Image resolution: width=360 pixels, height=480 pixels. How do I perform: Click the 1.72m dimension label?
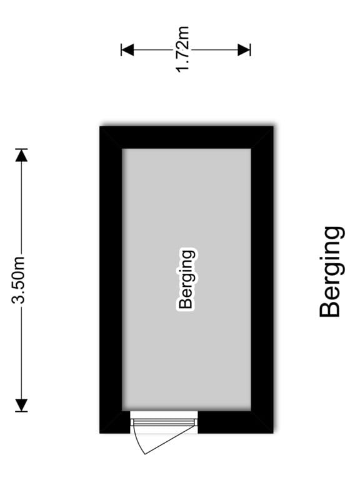click(182, 49)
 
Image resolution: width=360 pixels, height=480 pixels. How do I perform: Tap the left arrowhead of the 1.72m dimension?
click(127, 49)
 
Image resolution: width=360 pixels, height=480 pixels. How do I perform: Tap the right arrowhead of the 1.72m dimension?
click(244, 49)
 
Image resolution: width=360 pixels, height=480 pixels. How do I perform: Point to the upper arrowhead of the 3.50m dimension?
click(21, 155)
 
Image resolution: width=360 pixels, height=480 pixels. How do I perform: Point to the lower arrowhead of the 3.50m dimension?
click(21, 405)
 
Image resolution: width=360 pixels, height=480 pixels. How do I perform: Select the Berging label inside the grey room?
click(186, 280)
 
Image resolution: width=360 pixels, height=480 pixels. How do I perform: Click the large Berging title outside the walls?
click(331, 272)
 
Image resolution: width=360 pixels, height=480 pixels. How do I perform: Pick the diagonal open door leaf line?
click(170, 439)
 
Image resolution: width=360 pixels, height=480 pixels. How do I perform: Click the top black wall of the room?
click(186, 137)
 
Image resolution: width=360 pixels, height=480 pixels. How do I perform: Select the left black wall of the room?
click(111, 279)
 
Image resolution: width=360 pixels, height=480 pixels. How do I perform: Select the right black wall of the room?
click(262, 279)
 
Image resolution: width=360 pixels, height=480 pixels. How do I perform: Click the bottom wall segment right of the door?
click(236, 422)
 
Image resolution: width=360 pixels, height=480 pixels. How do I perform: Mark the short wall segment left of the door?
click(115, 422)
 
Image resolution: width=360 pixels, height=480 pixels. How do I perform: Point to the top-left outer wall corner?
click(100, 126)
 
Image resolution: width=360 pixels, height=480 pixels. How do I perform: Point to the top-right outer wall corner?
click(273, 126)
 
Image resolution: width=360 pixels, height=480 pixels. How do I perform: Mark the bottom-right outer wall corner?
click(273, 433)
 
